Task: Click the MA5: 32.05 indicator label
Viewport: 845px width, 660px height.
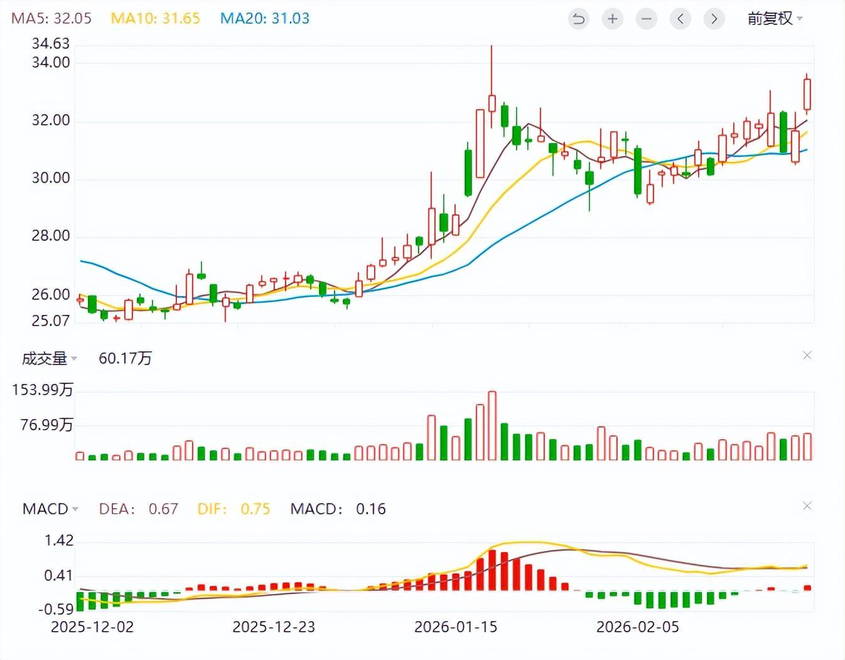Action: (x=51, y=18)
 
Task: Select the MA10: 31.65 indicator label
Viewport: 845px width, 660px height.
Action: (x=155, y=18)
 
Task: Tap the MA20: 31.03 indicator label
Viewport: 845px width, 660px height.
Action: (x=264, y=18)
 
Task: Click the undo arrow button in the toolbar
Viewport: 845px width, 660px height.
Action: (x=578, y=19)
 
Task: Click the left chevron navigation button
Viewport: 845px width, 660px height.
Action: (x=680, y=19)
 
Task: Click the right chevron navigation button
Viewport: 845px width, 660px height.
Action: (x=714, y=19)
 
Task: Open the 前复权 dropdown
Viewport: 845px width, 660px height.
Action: (x=775, y=19)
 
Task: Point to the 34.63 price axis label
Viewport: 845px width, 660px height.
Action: (x=51, y=43)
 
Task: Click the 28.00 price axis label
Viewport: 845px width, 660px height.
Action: (x=51, y=236)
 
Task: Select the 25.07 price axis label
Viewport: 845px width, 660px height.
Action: (x=51, y=321)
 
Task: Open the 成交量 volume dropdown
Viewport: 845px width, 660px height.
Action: (x=49, y=358)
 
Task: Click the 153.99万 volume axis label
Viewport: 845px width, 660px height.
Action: (x=43, y=390)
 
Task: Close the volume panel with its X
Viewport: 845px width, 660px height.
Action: (x=807, y=355)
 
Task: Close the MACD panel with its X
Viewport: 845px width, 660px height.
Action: (x=807, y=506)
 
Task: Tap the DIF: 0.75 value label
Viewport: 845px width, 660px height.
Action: (x=234, y=509)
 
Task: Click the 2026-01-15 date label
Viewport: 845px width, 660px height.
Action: (x=456, y=627)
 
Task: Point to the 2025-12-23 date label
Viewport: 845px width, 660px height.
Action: (x=274, y=627)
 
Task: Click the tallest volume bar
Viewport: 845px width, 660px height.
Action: (x=492, y=425)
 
